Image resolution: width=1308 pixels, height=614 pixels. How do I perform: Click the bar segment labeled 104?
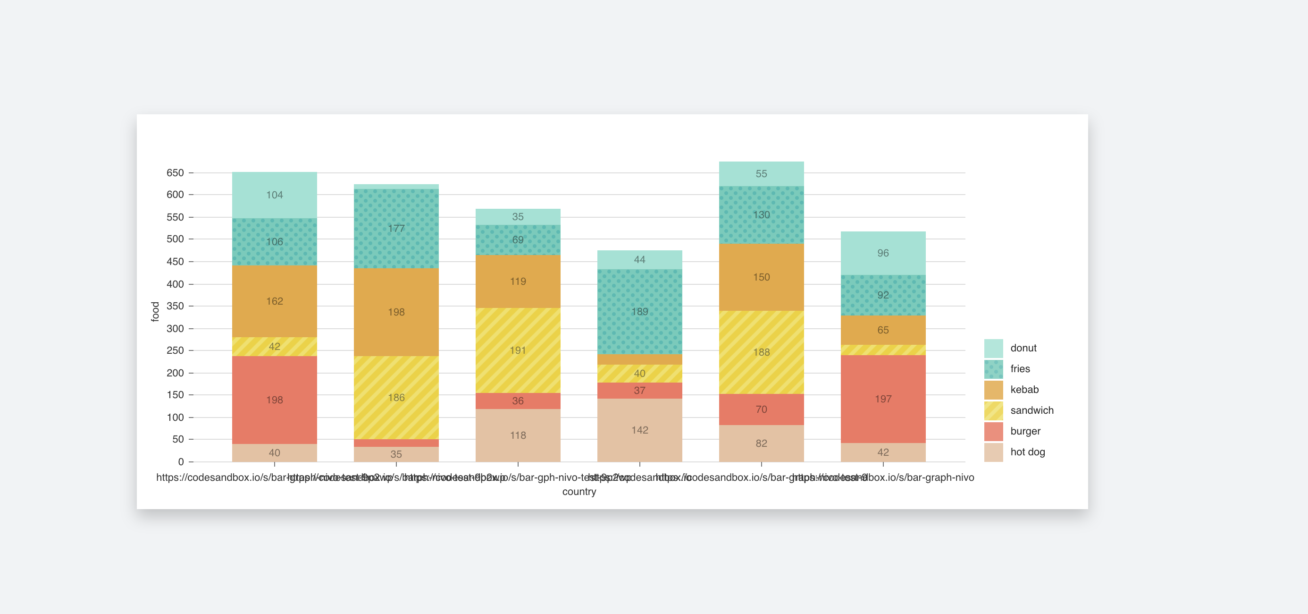[x=274, y=195]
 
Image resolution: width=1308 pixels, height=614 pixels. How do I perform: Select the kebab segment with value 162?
[x=274, y=301]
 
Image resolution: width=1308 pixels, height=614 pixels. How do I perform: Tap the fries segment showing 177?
[x=396, y=228]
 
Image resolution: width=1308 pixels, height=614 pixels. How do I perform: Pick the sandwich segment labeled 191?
[x=518, y=350]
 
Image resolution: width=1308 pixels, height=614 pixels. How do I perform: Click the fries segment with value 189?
[x=639, y=312]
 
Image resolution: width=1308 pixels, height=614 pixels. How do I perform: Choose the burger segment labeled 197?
[x=882, y=399]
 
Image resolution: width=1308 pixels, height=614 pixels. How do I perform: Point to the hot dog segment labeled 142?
[x=639, y=430]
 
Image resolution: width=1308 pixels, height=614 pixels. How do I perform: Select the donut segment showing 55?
[x=761, y=174]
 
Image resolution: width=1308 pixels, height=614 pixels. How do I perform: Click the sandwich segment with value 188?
[x=761, y=352]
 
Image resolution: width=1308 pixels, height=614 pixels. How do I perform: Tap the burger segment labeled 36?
[x=518, y=401]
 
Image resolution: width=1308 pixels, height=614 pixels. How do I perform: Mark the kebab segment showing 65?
[x=882, y=330]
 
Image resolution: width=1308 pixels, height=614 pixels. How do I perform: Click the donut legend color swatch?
[x=993, y=348]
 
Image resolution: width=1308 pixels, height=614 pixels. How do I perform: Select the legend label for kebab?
[x=1024, y=389]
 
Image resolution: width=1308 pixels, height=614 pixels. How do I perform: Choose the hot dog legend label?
[x=1027, y=452]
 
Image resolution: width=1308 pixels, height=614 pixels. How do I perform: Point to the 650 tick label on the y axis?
[x=175, y=173]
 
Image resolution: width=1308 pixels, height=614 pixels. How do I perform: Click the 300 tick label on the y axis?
[x=175, y=328]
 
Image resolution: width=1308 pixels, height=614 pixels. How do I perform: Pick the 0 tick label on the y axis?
[x=181, y=461]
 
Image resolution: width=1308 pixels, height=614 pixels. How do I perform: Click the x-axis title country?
[x=579, y=492]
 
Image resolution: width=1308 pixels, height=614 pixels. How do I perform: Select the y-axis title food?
[x=155, y=312]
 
